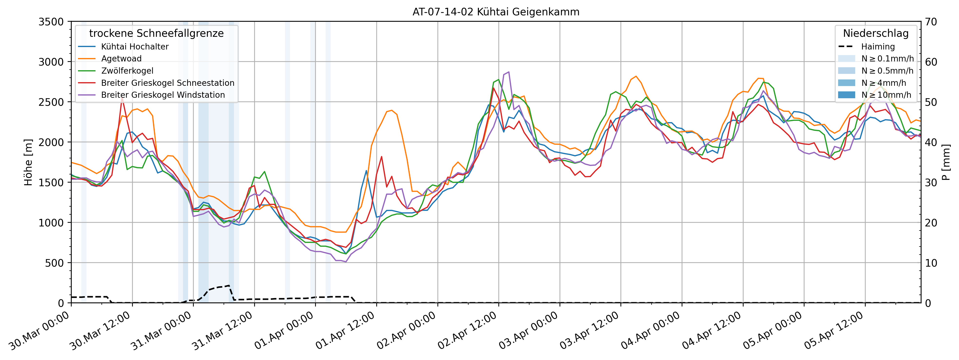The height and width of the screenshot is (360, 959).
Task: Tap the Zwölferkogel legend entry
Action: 127,71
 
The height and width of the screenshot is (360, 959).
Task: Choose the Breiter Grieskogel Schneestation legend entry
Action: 167,83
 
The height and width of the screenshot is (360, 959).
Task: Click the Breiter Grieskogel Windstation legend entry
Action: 163,95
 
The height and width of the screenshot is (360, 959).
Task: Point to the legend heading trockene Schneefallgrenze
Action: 156,33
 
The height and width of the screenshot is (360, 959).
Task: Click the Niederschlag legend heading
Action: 876,33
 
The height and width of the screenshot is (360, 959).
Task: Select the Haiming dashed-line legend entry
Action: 877,47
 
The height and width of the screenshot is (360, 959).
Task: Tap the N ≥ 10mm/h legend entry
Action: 886,95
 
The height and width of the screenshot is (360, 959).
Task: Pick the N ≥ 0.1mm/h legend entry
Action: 887,58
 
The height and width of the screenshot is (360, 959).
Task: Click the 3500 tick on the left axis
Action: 51,22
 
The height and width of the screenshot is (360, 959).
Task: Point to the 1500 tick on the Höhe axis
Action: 51,182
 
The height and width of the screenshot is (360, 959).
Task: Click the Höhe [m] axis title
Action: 28,162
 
